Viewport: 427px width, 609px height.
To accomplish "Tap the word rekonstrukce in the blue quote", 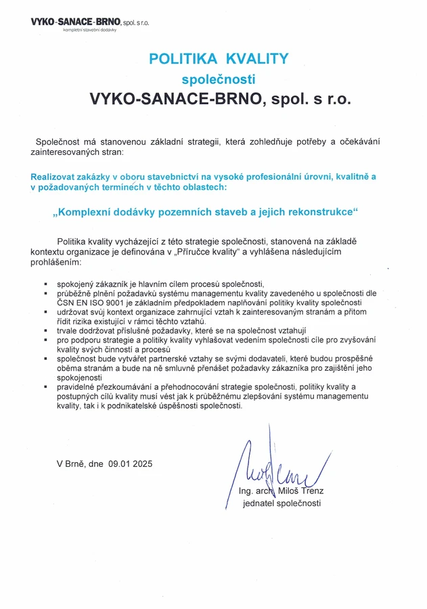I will (x=319, y=212).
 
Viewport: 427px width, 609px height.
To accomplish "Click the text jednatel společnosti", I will (x=282, y=503).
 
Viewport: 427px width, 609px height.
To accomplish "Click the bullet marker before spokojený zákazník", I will (x=45, y=284).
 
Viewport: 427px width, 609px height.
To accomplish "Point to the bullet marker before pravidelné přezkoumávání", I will (x=45, y=386).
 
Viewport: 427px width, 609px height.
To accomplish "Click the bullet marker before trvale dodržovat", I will (x=45, y=331).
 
